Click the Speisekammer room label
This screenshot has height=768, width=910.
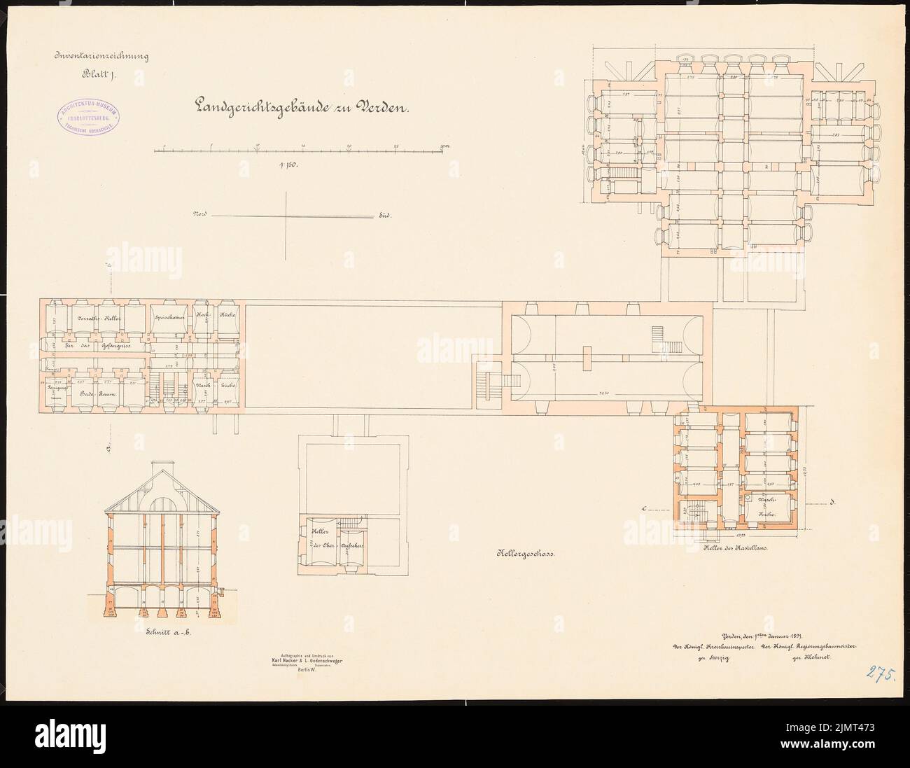click(167, 318)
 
